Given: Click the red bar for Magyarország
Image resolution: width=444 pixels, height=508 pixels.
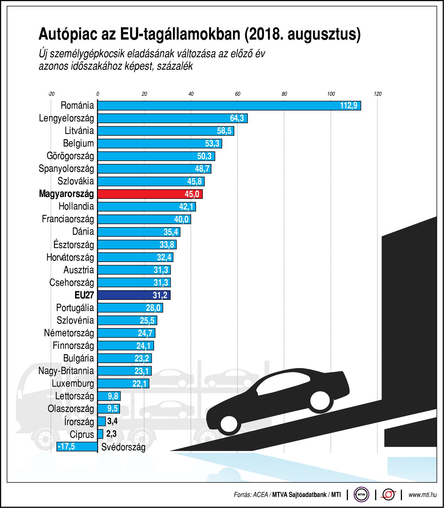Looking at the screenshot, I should pos(150,194).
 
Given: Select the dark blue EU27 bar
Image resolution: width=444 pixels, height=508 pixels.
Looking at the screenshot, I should pos(134,295).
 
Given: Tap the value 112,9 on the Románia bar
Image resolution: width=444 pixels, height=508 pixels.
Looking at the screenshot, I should pos(348,106).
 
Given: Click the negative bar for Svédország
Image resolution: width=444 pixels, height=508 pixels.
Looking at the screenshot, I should pos(77,446).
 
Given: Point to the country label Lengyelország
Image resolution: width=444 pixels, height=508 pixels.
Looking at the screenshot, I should pos(66,118).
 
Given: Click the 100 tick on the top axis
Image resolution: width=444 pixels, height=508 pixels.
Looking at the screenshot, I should pos(331,94).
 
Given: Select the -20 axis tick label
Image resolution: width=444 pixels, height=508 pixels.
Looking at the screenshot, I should pos(51,94).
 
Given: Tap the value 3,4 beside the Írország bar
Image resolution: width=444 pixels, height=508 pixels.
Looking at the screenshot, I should pos(112,421).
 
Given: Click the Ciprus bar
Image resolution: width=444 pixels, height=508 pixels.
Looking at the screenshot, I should pos(100,434).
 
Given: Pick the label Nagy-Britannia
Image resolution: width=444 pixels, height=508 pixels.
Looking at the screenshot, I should pos(66,371).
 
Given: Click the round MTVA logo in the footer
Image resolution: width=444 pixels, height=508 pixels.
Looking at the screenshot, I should pos(361,495).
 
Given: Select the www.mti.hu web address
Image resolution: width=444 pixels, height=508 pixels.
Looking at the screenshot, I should pos(422,495).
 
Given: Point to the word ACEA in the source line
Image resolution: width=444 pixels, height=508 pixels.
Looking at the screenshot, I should pos(260,495).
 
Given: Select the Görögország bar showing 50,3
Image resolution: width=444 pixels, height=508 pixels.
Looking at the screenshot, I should pos(156,156).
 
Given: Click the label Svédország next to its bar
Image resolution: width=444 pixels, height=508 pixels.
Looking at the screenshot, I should pos(123,447).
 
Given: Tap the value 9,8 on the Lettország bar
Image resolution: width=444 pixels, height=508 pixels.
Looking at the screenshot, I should pos(113,396).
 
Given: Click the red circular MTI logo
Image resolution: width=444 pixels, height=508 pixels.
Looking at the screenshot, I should pos(388,495).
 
